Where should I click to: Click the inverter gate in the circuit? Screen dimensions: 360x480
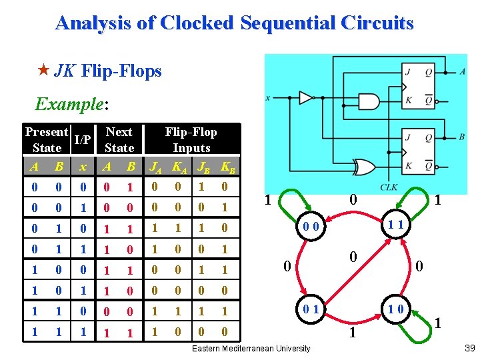coord(306,98)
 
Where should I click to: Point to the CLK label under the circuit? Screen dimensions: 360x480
coord(389,188)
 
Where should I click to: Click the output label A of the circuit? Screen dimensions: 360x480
coord(462,71)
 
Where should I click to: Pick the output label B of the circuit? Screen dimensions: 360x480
coord(462,137)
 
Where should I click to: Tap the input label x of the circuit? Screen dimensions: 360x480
coord(268,98)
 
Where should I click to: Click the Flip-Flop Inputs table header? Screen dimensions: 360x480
coord(191,139)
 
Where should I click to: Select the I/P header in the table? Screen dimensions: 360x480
coord(82,140)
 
